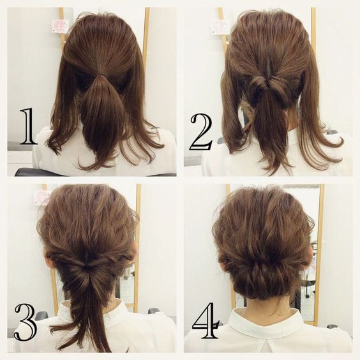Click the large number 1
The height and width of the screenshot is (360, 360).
[29, 126]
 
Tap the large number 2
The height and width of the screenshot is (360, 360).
[201, 132]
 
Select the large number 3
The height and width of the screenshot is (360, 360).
[26, 322]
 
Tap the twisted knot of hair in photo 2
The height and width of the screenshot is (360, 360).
[266, 84]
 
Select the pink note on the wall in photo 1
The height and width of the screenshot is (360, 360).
[60, 26]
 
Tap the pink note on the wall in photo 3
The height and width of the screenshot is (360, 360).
[41, 196]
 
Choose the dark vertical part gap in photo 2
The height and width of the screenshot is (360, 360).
[269, 66]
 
